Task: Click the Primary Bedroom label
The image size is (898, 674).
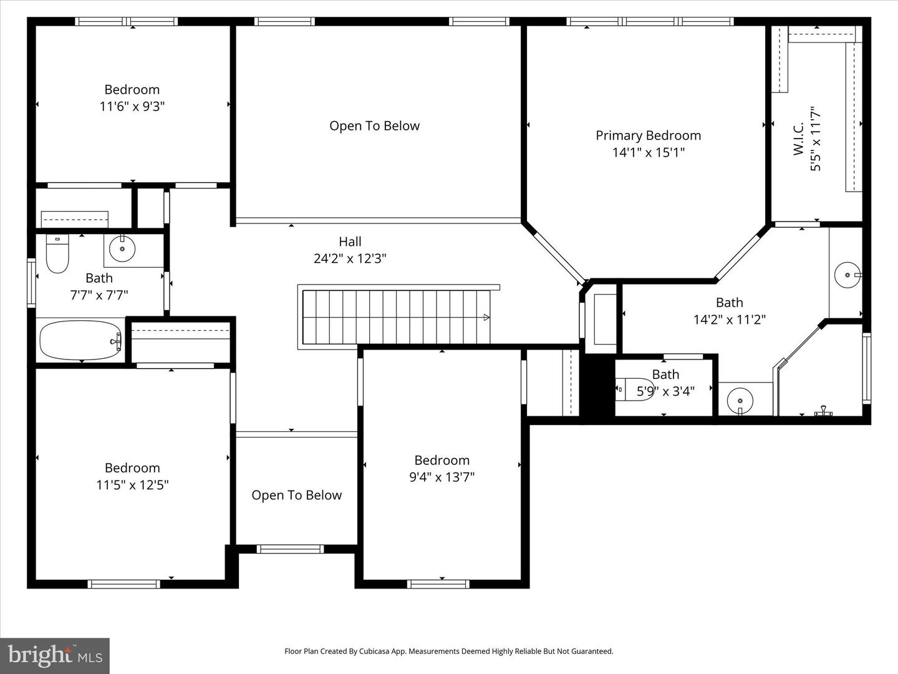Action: [x=648, y=135]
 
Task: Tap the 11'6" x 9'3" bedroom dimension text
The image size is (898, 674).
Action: [x=132, y=106]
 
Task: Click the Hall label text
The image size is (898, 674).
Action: [x=350, y=242]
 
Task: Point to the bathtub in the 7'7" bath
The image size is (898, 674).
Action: [x=80, y=341]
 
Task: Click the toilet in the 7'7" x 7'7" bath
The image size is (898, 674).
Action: [x=57, y=256]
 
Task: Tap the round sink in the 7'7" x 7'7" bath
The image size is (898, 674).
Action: [x=122, y=249]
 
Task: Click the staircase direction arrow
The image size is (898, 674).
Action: [x=486, y=317]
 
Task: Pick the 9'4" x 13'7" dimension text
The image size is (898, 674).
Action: [x=442, y=477]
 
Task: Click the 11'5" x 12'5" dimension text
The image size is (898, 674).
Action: [x=132, y=484]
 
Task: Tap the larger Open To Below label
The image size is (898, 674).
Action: [x=374, y=126]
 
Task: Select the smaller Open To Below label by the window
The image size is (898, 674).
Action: [x=296, y=495]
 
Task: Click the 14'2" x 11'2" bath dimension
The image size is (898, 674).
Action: [x=729, y=320]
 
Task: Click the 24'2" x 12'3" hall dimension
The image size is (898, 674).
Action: [x=350, y=258]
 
